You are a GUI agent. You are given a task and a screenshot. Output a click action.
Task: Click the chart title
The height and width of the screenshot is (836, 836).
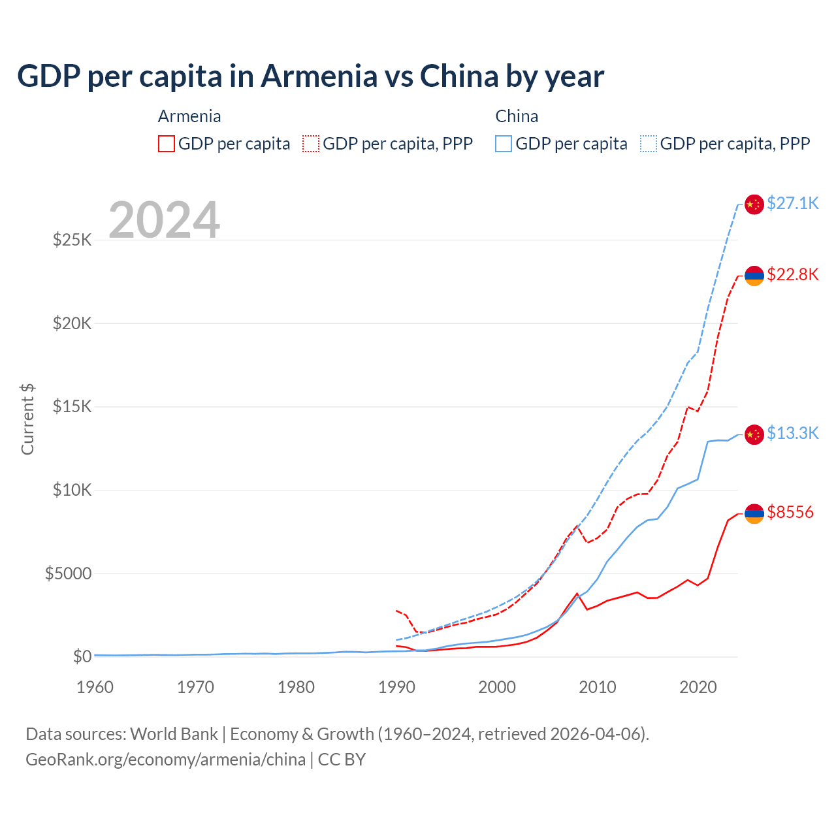(x=310, y=76)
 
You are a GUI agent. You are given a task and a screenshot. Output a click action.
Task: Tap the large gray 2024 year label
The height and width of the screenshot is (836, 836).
(x=164, y=220)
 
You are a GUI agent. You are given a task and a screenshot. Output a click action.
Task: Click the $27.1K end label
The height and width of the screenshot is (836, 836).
(x=792, y=203)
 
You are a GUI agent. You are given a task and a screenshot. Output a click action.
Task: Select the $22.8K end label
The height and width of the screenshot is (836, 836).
(x=792, y=274)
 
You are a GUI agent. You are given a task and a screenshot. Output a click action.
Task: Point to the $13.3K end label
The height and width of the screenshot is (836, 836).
(x=792, y=433)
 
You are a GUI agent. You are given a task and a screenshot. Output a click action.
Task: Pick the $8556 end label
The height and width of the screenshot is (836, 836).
(x=790, y=512)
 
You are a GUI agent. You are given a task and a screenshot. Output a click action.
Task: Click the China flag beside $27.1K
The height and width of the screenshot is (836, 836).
(x=754, y=204)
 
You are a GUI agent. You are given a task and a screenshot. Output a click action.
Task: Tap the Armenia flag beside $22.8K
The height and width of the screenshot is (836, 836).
(x=754, y=276)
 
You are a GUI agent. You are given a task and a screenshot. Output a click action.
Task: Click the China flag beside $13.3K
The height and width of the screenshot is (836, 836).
(x=754, y=434)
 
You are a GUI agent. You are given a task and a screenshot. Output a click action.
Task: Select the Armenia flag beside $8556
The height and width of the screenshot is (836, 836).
(x=754, y=513)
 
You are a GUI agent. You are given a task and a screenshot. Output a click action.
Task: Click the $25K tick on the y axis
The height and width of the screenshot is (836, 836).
(x=72, y=240)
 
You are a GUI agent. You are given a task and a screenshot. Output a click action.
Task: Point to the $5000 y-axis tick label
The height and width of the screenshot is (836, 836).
(x=68, y=573)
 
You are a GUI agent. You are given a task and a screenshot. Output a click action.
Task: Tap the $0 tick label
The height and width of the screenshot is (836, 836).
(x=82, y=656)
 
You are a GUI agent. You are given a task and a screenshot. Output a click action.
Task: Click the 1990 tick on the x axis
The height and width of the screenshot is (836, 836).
(x=396, y=687)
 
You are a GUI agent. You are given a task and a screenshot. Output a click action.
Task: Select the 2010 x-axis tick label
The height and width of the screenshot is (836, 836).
(x=598, y=687)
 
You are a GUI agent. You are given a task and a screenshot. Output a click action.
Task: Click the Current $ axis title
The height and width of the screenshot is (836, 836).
(x=27, y=419)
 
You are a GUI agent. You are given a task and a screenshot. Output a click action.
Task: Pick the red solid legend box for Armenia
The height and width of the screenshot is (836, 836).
(x=167, y=144)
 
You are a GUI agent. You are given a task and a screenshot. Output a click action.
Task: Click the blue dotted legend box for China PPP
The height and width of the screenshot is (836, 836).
(x=649, y=144)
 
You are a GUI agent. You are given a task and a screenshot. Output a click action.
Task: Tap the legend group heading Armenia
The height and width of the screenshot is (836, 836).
(x=189, y=116)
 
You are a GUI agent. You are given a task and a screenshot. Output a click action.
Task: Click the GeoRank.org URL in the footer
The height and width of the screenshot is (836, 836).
(x=165, y=760)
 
